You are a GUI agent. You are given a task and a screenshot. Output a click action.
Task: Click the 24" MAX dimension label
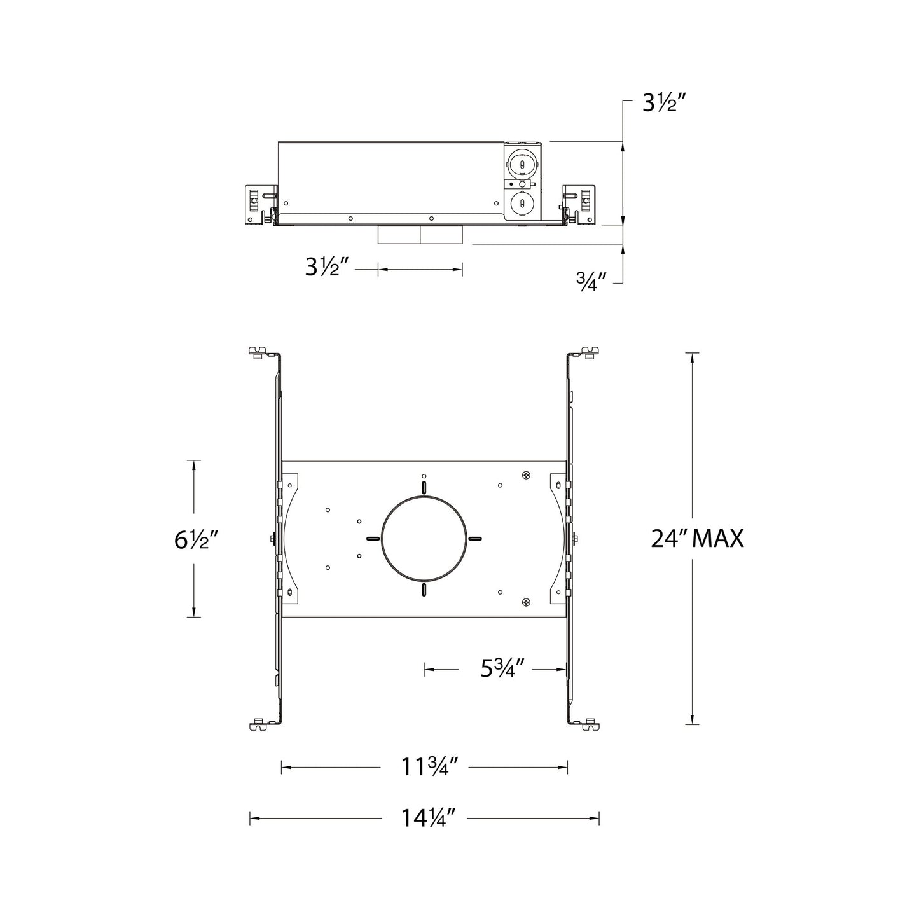click(x=697, y=539)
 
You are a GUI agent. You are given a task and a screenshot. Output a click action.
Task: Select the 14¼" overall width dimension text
click(x=429, y=818)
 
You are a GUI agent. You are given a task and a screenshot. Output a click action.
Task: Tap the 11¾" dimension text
click(x=430, y=768)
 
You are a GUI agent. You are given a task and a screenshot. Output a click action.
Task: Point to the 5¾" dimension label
click(x=502, y=668)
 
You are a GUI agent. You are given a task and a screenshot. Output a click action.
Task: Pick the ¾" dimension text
click(x=590, y=280)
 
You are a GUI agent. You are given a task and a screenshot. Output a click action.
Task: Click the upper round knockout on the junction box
click(x=522, y=164)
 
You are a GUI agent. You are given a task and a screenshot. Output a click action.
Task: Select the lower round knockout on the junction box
click(x=522, y=205)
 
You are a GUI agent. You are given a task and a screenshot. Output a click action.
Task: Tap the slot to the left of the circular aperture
click(x=373, y=539)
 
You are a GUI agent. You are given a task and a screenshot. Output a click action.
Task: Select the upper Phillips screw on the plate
click(x=525, y=475)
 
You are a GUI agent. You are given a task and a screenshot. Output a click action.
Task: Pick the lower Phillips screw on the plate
click(x=525, y=602)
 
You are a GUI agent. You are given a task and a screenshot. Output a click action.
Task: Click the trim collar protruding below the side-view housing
click(x=420, y=235)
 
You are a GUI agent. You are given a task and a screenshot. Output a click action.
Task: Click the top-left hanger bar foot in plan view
click(x=259, y=351)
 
